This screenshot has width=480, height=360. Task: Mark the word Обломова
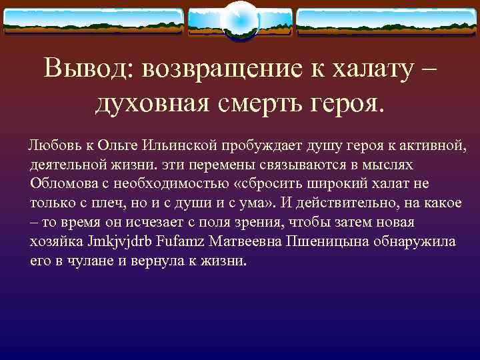(62, 184)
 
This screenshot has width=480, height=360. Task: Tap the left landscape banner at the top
(93, 21)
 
